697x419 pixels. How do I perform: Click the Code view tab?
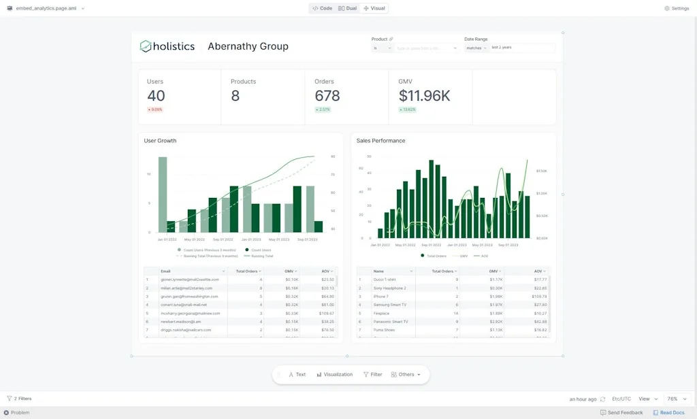tap(323, 8)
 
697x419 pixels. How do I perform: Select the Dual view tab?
tap(347, 8)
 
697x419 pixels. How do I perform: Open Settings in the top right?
tap(677, 8)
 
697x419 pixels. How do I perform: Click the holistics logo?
tap(167, 46)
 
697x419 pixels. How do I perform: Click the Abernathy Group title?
tap(248, 46)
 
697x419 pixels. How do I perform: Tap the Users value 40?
tap(156, 96)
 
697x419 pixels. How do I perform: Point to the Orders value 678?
tap(327, 96)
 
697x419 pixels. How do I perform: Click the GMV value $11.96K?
tap(424, 96)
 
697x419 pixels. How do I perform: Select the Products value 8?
tap(235, 96)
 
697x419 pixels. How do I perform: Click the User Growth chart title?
tap(160, 141)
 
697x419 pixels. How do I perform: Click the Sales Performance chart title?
tap(380, 141)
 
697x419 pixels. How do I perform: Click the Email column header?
tap(166, 271)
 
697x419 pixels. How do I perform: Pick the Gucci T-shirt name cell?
tap(384, 280)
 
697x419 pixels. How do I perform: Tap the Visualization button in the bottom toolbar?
tap(334, 374)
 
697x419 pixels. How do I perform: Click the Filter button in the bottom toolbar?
tap(372, 374)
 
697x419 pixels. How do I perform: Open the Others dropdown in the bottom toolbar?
tap(406, 374)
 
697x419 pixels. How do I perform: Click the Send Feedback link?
tap(621, 412)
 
